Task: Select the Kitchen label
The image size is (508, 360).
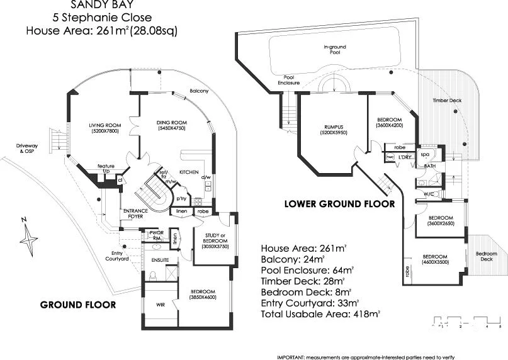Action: click(189, 171)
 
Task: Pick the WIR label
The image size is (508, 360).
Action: click(159, 305)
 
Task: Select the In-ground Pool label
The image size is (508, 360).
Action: click(334, 50)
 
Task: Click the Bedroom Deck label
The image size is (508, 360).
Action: click(485, 256)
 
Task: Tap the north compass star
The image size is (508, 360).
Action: click(28, 238)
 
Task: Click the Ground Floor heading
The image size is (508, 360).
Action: click(78, 305)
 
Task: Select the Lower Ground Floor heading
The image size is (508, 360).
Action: click(339, 204)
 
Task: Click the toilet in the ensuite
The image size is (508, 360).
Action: click(152, 274)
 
